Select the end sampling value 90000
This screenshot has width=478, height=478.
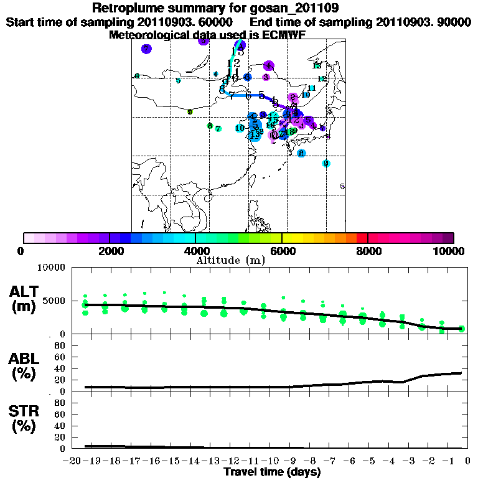(448, 22)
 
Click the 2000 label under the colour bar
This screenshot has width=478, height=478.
(110, 251)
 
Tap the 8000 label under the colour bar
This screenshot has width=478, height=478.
(368, 251)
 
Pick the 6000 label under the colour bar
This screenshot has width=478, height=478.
(282, 251)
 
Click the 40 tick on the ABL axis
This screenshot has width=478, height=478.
(60, 368)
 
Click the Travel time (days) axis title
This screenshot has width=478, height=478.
(272, 472)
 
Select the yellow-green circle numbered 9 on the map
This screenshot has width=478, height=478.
(190, 112)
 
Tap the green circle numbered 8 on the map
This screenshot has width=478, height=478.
(210, 126)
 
